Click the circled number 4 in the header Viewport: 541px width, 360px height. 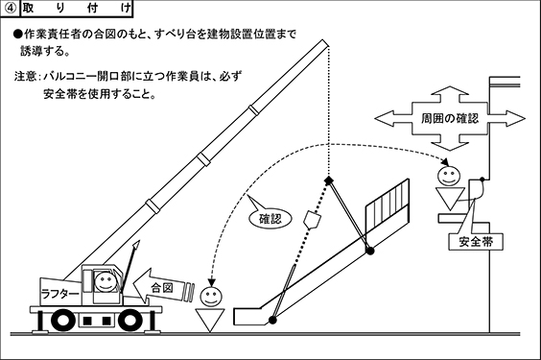(11, 8)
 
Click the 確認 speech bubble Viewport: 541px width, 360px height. (270, 218)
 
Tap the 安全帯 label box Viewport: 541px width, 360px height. (476, 242)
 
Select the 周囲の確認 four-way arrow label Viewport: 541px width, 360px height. (450, 118)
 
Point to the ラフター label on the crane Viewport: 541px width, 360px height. (59, 294)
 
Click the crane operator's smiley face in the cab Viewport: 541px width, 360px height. (105, 281)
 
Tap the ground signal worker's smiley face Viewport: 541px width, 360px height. (211, 297)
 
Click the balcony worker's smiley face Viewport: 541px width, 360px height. (449, 176)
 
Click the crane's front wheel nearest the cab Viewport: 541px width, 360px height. (130, 320)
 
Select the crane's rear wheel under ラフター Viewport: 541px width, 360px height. (62, 320)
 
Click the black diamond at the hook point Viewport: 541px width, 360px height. (329, 180)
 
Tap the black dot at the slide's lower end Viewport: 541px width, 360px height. (272, 321)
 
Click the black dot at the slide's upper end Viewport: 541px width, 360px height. (370, 251)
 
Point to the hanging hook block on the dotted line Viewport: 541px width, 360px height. (313, 220)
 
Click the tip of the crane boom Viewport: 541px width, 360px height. (326, 42)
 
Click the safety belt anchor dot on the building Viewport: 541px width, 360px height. (482, 180)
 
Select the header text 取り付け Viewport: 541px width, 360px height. (77, 9)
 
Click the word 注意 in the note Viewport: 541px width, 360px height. (25, 76)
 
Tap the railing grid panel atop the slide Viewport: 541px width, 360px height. (388, 206)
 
